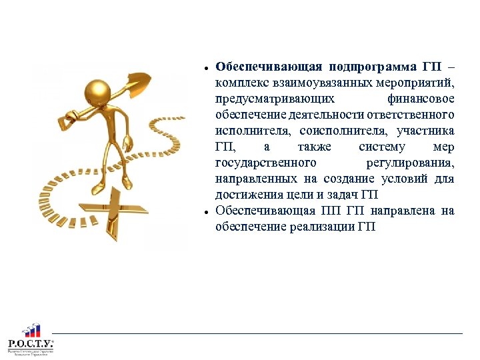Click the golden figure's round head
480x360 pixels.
99,91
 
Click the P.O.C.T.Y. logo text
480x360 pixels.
30,344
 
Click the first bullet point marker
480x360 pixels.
208,68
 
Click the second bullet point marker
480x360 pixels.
208,212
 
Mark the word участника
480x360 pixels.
425,131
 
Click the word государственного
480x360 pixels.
265,163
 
